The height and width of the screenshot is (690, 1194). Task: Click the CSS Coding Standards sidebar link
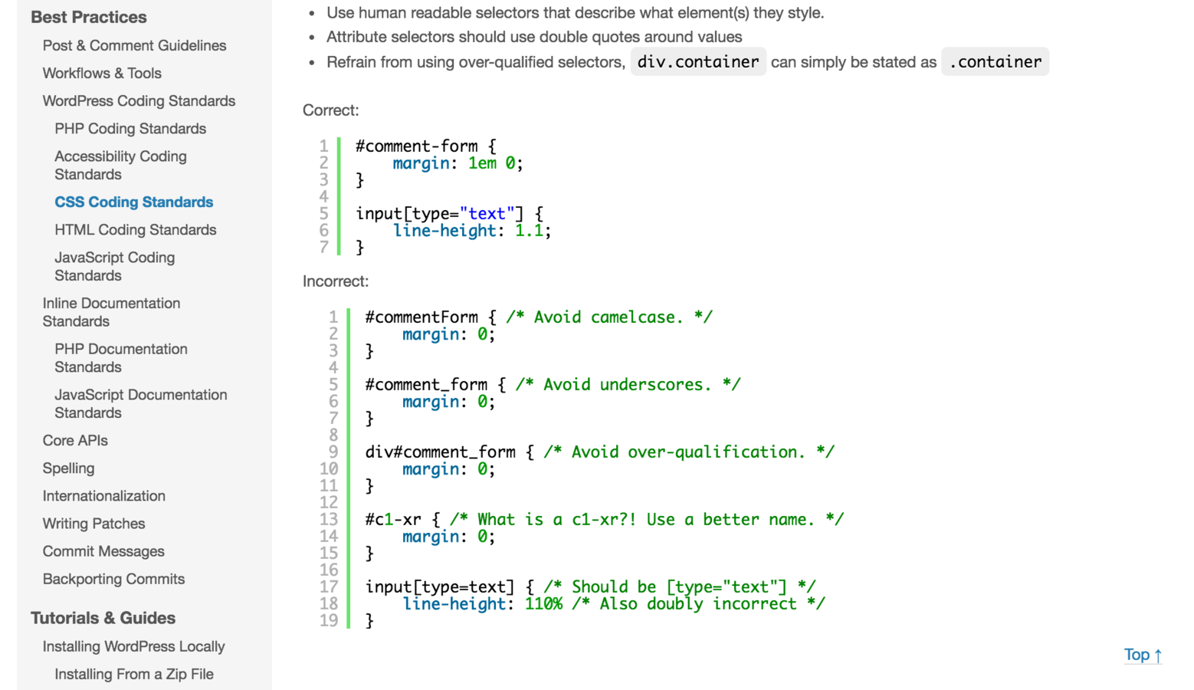(x=133, y=202)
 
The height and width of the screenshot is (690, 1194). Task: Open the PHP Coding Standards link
(x=130, y=129)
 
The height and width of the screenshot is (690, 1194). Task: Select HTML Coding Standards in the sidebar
(x=135, y=230)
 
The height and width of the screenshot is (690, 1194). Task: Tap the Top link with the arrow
(x=1142, y=655)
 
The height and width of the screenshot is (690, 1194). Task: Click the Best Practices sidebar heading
(x=89, y=17)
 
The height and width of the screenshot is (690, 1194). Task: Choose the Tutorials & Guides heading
(x=103, y=618)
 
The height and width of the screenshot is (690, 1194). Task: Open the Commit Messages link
(x=103, y=551)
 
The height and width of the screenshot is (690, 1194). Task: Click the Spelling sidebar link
(x=68, y=468)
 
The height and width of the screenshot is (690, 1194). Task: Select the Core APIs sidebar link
(x=75, y=441)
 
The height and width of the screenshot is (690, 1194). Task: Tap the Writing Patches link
(x=93, y=524)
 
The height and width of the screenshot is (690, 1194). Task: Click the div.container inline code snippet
(x=698, y=62)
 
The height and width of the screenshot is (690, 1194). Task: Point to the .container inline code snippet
(x=995, y=62)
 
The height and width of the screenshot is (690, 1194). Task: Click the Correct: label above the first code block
(x=330, y=110)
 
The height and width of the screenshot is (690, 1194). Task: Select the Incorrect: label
(x=336, y=281)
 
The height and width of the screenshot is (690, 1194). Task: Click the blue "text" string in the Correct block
(x=487, y=214)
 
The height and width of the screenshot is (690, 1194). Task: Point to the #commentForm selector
(x=422, y=317)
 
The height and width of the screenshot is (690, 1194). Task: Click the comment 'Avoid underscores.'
(x=628, y=385)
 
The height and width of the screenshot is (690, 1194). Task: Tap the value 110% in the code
(x=543, y=604)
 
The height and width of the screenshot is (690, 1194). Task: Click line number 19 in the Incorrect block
(x=329, y=620)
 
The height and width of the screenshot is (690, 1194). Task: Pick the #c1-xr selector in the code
(x=393, y=520)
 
